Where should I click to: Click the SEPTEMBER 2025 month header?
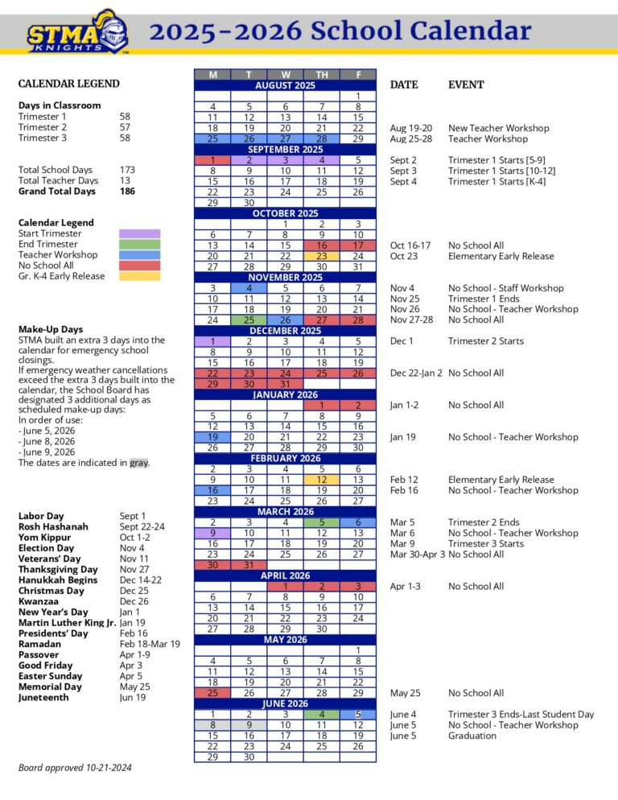(x=285, y=149)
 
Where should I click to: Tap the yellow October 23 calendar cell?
(x=322, y=256)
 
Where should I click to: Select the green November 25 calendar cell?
(x=249, y=320)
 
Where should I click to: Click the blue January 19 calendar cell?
(x=212, y=437)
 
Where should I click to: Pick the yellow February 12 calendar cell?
(x=322, y=480)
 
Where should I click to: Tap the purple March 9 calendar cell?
(x=212, y=533)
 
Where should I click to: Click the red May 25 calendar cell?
(x=212, y=693)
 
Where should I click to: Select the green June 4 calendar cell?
(x=322, y=714)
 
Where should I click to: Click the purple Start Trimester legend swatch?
(x=139, y=233)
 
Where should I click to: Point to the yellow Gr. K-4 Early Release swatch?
(x=139, y=276)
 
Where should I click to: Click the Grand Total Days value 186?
(x=127, y=192)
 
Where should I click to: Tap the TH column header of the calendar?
(x=322, y=75)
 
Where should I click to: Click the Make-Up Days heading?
(x=51, y=329)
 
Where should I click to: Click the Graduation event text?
(x=472, y=736)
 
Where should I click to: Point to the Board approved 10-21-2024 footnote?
(x=75, y=768)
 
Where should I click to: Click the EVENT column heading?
(x=466, y=85)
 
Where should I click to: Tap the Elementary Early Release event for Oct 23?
(x=501, y=256)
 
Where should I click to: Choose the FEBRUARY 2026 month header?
(x=285, y=458)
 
